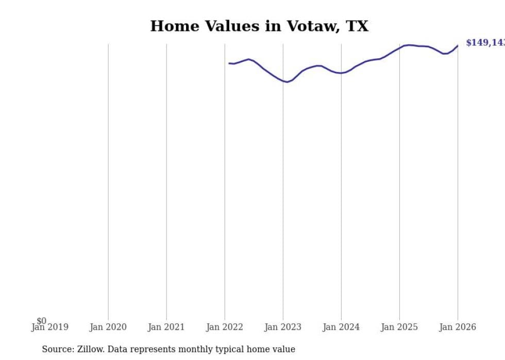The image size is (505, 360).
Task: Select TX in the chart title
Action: pos(357,26)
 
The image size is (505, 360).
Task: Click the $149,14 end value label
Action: pos(485,43)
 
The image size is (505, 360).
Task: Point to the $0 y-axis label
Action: pos(41,321)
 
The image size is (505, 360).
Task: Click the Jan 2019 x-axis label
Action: pos(49,327)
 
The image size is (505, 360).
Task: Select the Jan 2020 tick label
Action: pos(108,327)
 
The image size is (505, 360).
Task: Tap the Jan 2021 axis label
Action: pos(166,327)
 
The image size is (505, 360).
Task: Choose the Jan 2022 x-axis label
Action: pos(224,327)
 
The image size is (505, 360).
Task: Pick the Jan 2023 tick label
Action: pos(282,327)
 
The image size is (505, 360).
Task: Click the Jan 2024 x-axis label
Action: pos(341,327)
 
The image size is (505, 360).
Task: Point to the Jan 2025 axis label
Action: pos(399,327)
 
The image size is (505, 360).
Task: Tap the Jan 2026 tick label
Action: pos(457,327)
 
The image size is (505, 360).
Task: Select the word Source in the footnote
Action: pos(57,349)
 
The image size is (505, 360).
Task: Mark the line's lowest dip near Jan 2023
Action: pos(287,82)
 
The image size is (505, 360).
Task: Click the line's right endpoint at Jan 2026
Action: pos(457,46)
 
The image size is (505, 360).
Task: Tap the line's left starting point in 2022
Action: pos(229,63)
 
